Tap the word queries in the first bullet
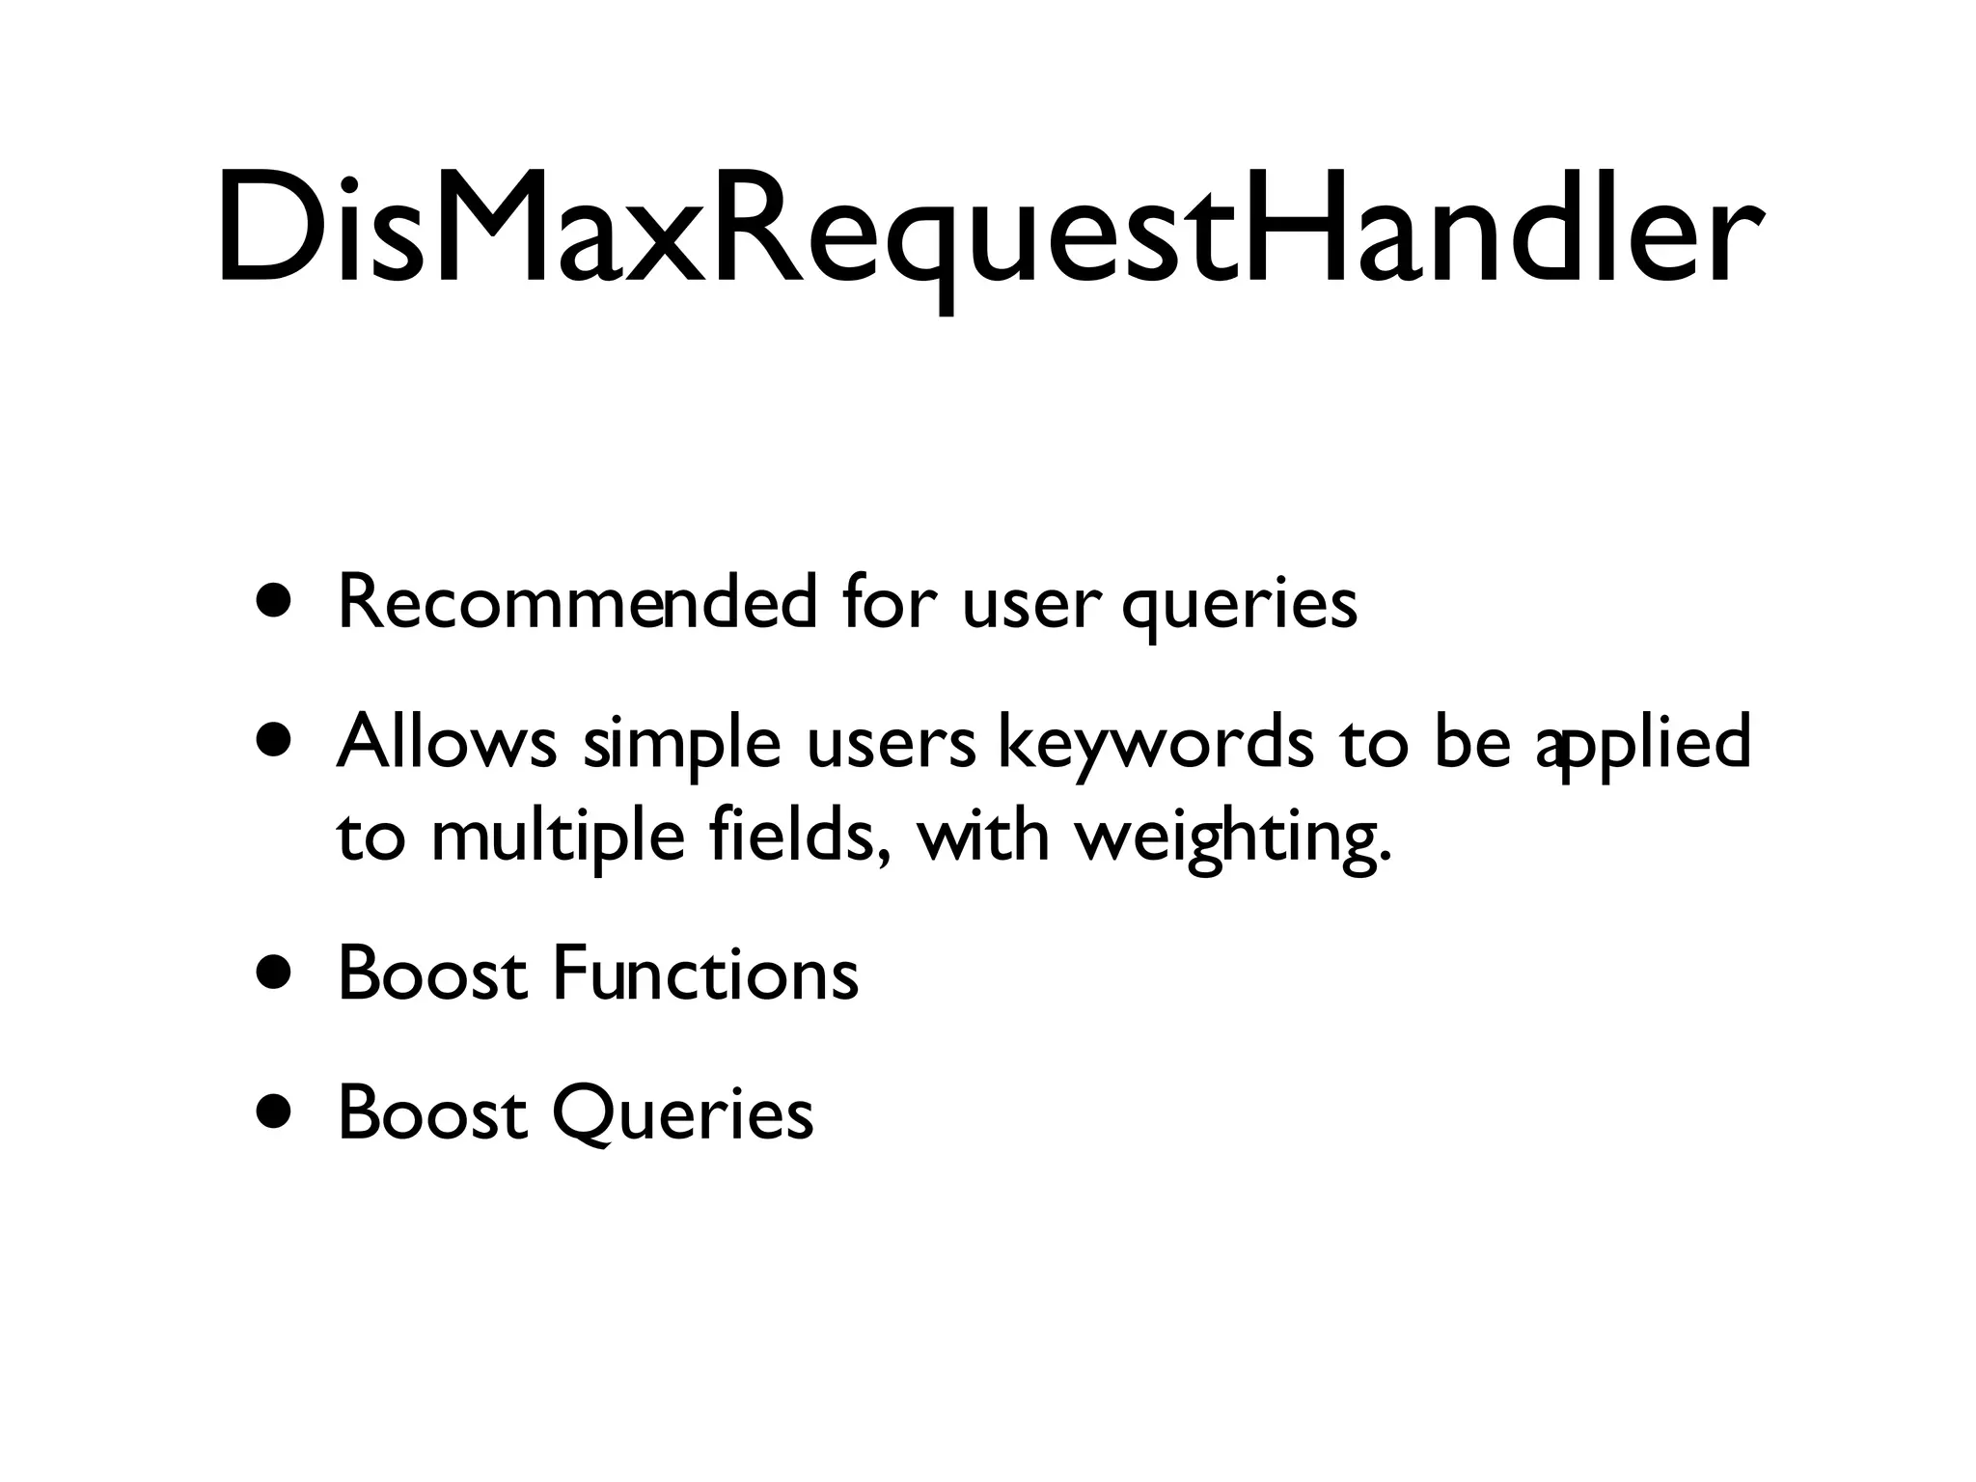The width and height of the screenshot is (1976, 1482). point(1239,606)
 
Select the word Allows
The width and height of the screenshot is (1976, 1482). point(447,743)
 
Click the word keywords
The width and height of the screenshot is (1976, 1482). point(1154,745)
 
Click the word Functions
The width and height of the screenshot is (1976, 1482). point(704,974)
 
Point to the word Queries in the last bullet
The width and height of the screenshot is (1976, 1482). point(682,1113)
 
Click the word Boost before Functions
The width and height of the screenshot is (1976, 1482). point(432,974)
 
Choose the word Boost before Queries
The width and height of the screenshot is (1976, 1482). point(432,1112)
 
